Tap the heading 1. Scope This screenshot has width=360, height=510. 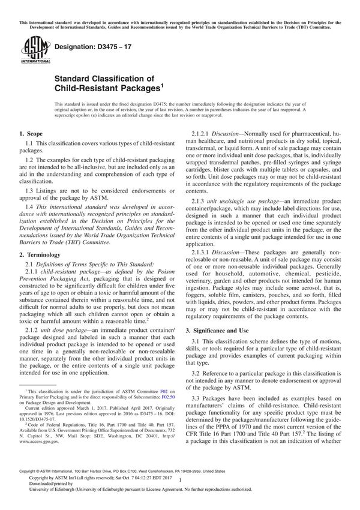[x=31, y=133]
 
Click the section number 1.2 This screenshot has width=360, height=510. [x=30, y=161]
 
